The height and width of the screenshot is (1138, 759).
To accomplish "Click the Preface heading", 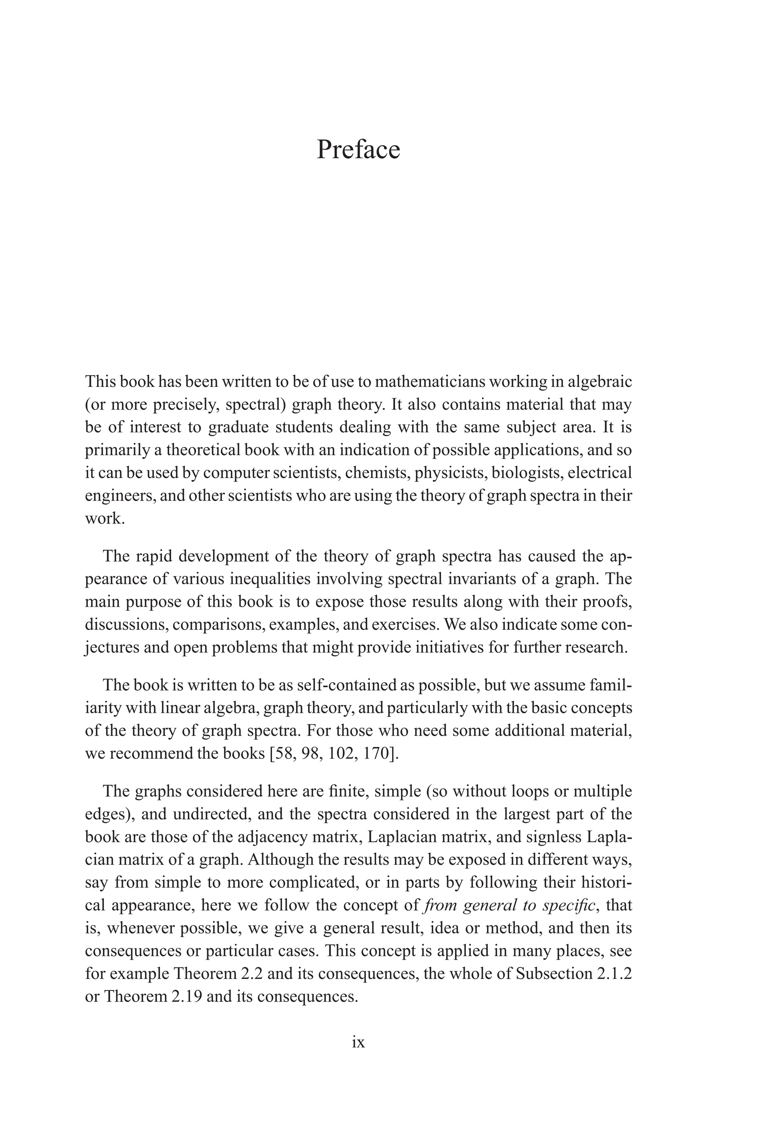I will pyautogui.click(x=358, y=149).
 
